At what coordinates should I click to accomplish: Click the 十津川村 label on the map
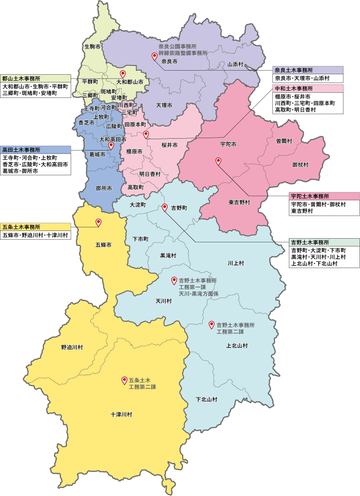coord(122,415)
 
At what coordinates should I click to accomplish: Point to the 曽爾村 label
coord(284,140)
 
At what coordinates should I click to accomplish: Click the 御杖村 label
coord(300,164)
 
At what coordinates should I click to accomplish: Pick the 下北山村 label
coord(206,400)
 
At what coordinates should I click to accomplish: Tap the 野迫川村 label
coord(72,348)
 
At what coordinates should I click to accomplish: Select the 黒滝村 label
coord(168,256)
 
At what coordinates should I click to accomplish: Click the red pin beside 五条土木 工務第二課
coord(124,381)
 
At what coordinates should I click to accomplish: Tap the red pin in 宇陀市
coord(218,162)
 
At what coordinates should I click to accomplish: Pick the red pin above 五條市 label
coord(99,223)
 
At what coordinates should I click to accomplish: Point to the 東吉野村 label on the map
coord(239,203)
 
